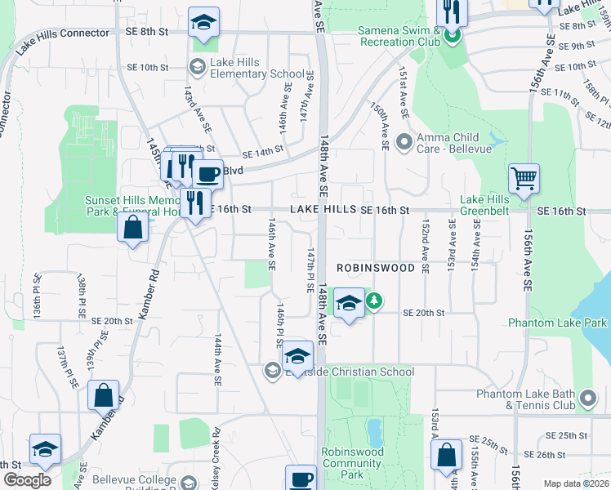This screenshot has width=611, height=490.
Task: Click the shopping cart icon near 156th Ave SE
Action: [523, 177]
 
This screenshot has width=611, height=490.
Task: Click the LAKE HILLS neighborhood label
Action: [324, 210]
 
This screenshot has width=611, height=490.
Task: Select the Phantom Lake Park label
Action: [558, 323]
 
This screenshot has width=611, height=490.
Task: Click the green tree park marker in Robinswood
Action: [373, 301]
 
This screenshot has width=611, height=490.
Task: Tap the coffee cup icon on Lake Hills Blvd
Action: [207, 173]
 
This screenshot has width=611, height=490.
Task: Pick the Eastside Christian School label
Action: [349, 372]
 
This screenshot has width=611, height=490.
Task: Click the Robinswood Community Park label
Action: [352, 463]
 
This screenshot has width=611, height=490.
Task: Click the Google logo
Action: [27, 480]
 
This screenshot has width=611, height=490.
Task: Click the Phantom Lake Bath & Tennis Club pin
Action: [587, 399]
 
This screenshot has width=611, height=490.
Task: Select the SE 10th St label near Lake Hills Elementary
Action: [147, 67]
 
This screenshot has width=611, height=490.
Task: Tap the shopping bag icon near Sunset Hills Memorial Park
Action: [132, 228]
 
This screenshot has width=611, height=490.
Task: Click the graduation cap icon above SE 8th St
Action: [203, 21]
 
